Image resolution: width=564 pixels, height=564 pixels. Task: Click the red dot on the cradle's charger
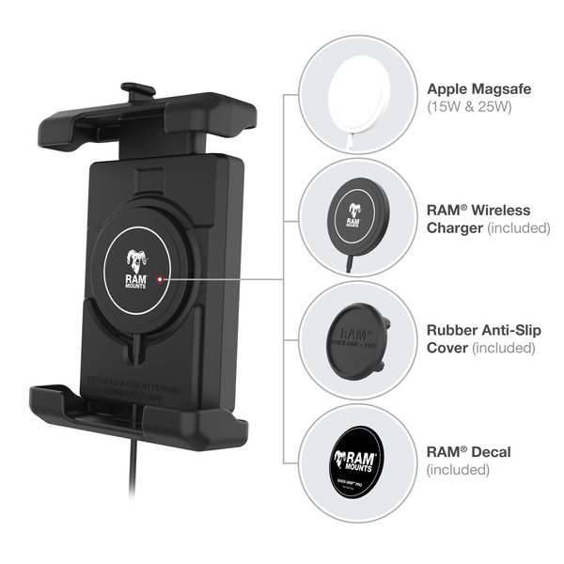162,279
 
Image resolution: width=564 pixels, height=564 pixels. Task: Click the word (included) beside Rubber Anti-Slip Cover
504,349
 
